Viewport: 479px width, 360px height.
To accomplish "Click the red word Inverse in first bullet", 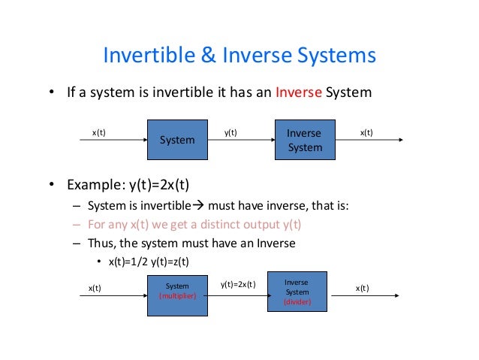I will pos(298,94).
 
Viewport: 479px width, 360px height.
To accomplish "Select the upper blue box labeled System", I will pos(177,140).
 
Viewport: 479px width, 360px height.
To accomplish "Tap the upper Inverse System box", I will pos(304,140).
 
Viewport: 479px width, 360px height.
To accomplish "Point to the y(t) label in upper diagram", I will pos(230,133).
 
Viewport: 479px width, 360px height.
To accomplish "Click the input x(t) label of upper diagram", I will pos(98,133).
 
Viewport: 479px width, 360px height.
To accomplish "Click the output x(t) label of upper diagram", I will pos(366,133).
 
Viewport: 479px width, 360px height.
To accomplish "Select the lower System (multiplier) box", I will pos(177,291).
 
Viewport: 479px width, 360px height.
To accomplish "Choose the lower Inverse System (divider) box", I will pos(297,292).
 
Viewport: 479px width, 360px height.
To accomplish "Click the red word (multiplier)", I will pos(177,296).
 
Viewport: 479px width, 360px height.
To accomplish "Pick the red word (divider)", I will pos(297,302).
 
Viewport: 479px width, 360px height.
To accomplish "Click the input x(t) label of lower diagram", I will pos(95,288).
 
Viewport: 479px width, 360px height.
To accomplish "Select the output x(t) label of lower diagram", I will pos(362,288).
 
